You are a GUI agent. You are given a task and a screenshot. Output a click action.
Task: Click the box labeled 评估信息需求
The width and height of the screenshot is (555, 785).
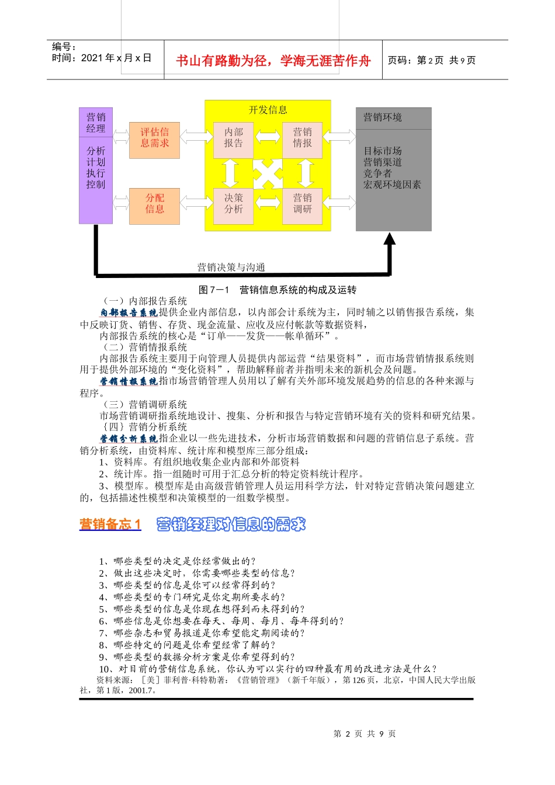point(154,138)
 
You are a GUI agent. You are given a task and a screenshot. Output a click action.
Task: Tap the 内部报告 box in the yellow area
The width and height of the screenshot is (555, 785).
point(233,138)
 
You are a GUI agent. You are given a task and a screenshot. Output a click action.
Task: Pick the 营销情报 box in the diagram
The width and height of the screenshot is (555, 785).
point(302,138)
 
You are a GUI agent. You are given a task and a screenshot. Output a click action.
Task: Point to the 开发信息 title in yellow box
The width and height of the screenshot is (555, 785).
point(268,110)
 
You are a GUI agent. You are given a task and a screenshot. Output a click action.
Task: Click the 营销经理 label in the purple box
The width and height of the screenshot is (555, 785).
point(96,123)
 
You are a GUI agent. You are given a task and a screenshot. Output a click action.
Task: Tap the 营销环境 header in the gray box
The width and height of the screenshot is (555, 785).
point(383,117)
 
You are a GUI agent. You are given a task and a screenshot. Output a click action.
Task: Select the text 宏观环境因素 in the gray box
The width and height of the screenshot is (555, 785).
point(392,185)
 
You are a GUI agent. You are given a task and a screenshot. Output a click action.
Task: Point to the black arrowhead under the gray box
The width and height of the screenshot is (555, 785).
point(390,238)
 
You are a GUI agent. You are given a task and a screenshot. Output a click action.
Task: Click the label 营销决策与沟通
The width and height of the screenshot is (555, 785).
point(231,268)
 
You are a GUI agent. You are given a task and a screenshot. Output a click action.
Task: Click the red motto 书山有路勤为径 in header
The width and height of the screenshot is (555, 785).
point(273,61)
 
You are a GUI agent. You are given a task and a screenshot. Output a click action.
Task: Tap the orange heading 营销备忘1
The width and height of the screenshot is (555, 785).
point(110,524)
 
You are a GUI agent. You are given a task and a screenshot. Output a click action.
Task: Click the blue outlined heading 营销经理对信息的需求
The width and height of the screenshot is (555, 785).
point(231,524)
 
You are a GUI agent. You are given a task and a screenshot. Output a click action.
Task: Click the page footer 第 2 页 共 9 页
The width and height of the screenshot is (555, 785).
point(365,734)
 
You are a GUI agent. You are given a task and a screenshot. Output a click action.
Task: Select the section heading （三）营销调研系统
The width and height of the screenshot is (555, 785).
point(145,404)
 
